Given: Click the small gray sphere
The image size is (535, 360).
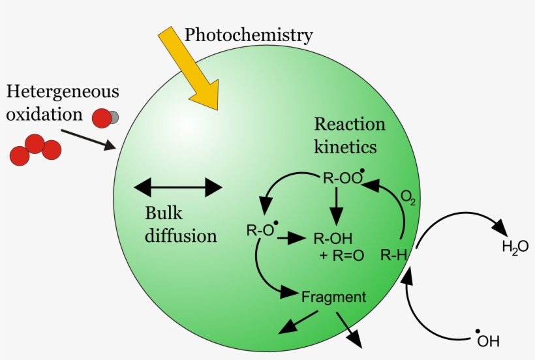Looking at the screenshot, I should [x=113, y=117].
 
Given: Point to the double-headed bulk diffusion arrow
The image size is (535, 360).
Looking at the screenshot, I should [x=178, y=188].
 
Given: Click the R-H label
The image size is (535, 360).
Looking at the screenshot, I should [x=393, y=255].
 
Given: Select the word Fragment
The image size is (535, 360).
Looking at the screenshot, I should [x=333, y=297].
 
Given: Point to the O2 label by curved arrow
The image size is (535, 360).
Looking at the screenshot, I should [x=408, y=198].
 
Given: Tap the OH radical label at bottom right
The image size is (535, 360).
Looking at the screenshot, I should [x=488, y=340].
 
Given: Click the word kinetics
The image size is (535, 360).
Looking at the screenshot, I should [x=345, y=147].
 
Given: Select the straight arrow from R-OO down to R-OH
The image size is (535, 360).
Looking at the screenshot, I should [x=336, y=208].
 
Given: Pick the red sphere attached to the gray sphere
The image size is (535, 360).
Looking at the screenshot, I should [x=101, y=118].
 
